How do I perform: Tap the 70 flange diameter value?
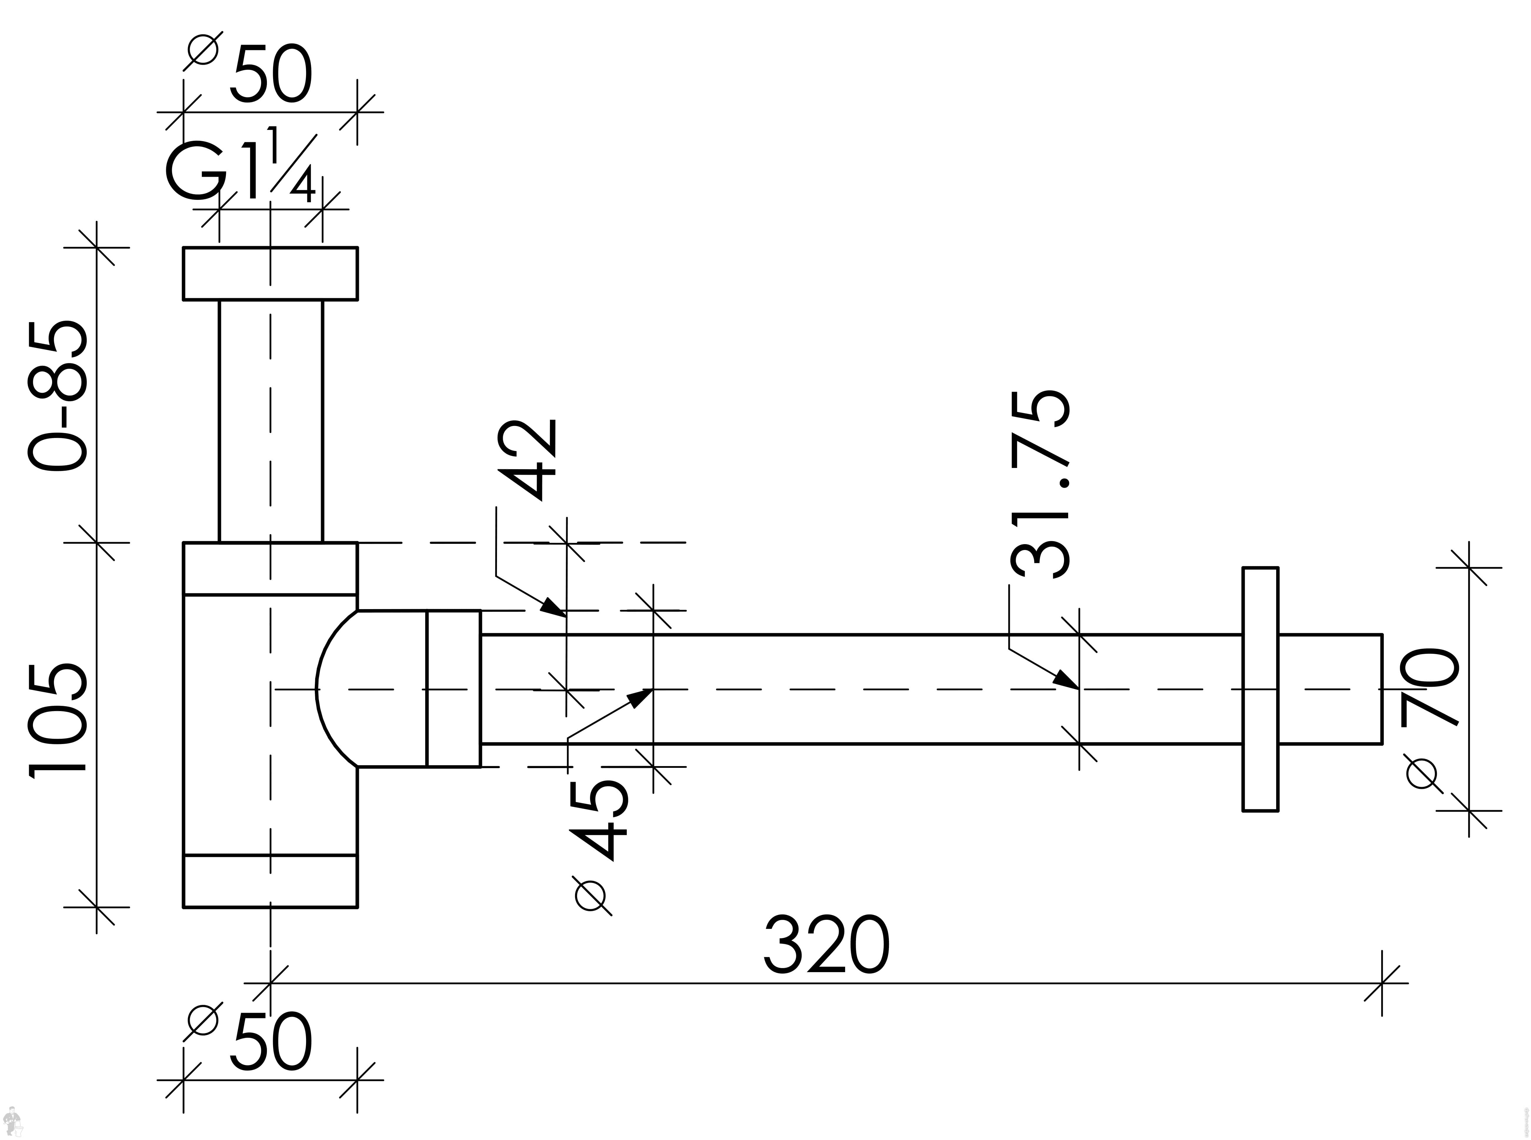(x=1429, y=687)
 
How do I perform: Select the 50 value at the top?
(x=271, y=75)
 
